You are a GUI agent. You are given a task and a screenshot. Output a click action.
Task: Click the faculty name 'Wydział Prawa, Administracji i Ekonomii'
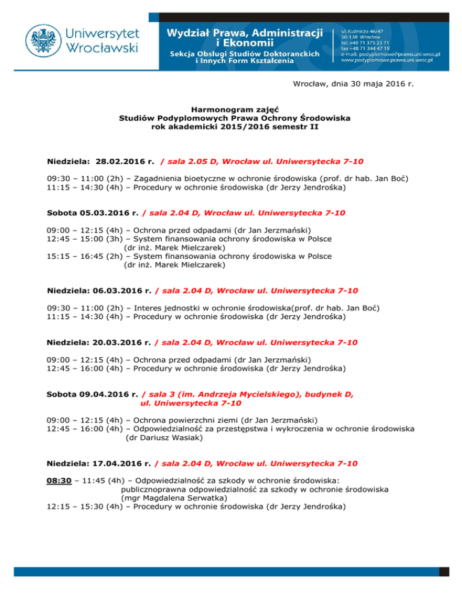244,37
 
